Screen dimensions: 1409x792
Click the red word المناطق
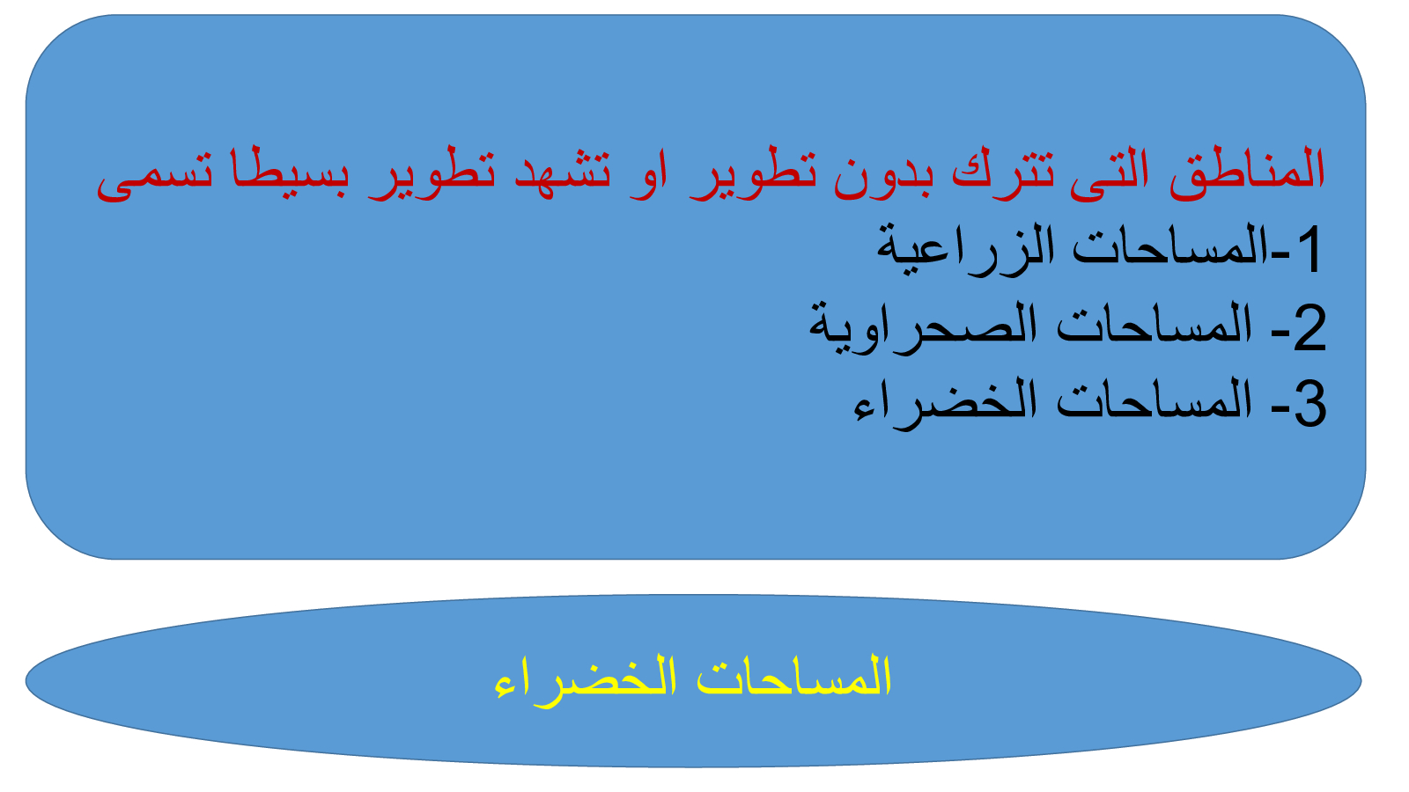tap(1247, 171)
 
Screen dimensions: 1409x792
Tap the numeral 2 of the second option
tap(1309, 326)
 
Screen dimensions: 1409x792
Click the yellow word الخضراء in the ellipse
tap(585, 681)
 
